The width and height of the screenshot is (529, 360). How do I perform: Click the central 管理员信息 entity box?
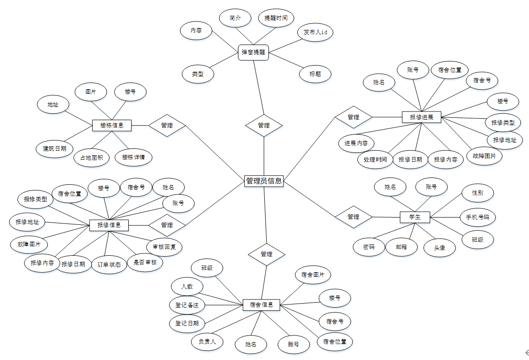pyautogui.click(x=264, y=181)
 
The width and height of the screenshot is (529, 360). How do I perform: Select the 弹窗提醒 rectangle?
pyautogui.click(x=253, y=52)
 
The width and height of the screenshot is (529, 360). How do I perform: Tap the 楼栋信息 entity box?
pyautogui.click(x=111, y=125)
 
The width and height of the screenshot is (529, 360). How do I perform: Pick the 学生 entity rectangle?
pyautogui.click(x=414, y=217)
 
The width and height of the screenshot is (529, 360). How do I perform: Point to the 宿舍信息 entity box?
pyautogui.click(x=261, y=304)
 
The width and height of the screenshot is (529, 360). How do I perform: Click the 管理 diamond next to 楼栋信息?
pyautogui.click(x=167, y=125)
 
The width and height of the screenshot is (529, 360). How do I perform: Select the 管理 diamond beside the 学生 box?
pyautogui.click(x=353, y=217)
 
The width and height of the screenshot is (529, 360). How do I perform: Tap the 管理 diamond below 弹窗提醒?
pyautogui.click(x=264, y=125)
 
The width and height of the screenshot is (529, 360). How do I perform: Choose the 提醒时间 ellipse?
pyautogui.click(x=276, y=18)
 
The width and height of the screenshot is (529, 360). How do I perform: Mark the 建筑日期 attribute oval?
pyautogui.click(x=55, y=148)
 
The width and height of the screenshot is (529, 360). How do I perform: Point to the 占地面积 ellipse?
pyautogui.click(x=91, y=158)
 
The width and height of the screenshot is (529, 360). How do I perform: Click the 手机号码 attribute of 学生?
pyautogui.click(x=478, y=217)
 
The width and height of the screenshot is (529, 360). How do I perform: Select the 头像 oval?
pyautogui.click(x=439, y=248)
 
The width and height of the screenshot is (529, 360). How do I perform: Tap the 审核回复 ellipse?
pyautogui.click(x=164, y=247)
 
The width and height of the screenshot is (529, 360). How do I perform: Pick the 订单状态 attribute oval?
pyautogui.click(x=109, y=264)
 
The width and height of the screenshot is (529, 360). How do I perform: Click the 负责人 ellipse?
pyautogui.click(x=207, y=341)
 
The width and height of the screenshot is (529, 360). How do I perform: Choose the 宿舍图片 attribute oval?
pyautogui.click(x=313, y=275)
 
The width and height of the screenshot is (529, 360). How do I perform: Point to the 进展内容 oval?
pyautogui.click(x=356, y=143)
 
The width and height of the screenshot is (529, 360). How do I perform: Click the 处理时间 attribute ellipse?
pyautogui.click(x=375, y=159)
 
